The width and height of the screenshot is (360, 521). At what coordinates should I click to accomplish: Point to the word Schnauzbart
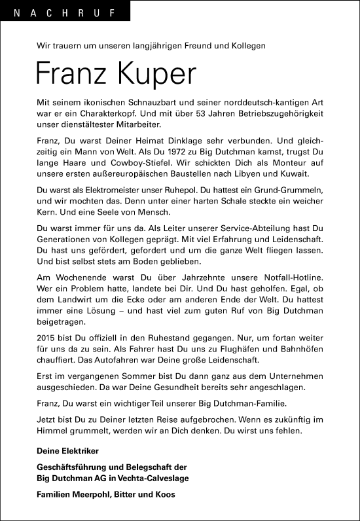pos(145,104)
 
